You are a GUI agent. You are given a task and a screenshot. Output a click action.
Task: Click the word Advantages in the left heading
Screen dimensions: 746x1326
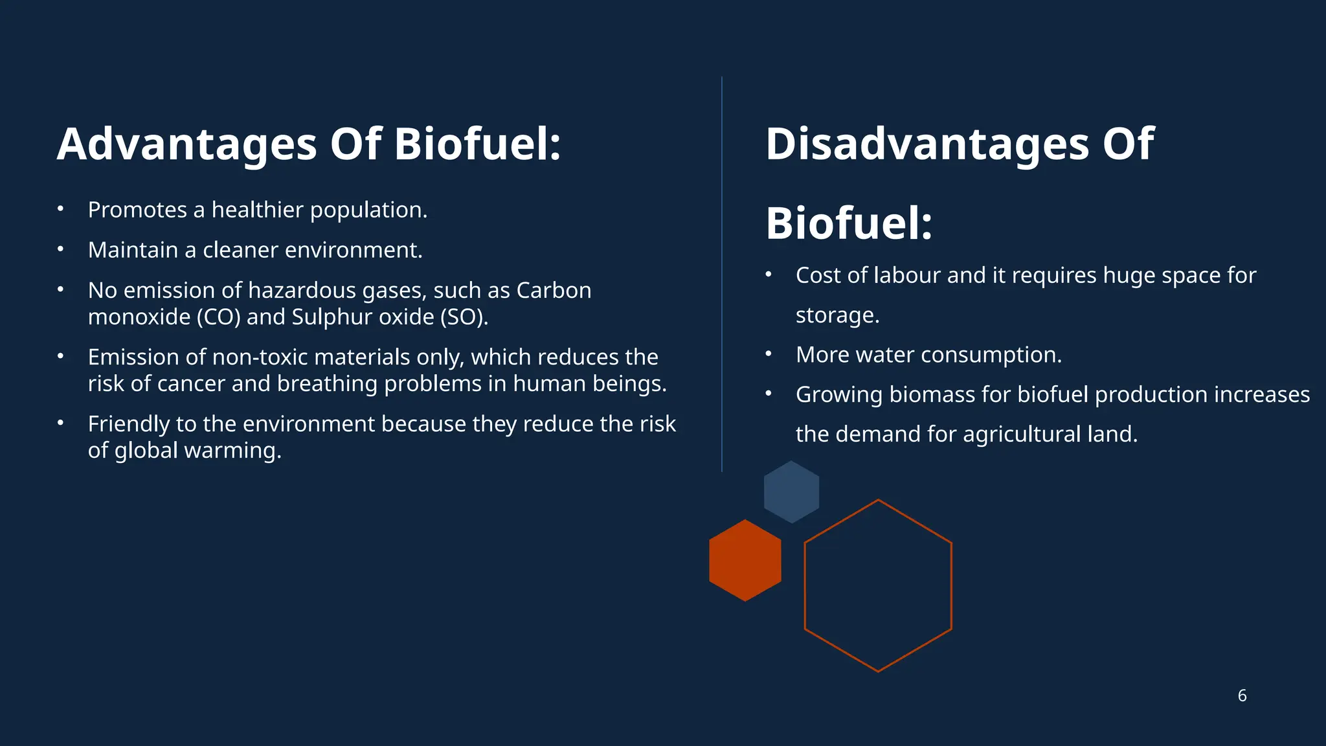(x=186, y=144)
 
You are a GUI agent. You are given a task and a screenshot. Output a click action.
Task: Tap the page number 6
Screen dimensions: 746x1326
(x=1242, y=695)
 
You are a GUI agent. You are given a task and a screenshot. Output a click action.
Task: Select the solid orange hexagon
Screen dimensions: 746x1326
(x=745, y=560)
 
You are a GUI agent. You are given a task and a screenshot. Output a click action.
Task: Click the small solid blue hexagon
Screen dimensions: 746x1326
(x=791, y=492)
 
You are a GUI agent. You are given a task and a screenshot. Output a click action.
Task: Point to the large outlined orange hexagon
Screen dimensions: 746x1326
(x=878, y=586)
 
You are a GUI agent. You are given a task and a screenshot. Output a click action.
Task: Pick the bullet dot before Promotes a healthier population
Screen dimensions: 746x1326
(x=60, y=209)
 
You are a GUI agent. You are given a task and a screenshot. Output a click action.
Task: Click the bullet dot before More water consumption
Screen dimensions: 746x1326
(x=769, y=354)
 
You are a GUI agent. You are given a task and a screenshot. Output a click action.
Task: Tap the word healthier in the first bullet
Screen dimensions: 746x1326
(x=258, y=210)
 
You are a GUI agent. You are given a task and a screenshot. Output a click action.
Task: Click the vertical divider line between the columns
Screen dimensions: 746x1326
(x=722, y=272)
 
